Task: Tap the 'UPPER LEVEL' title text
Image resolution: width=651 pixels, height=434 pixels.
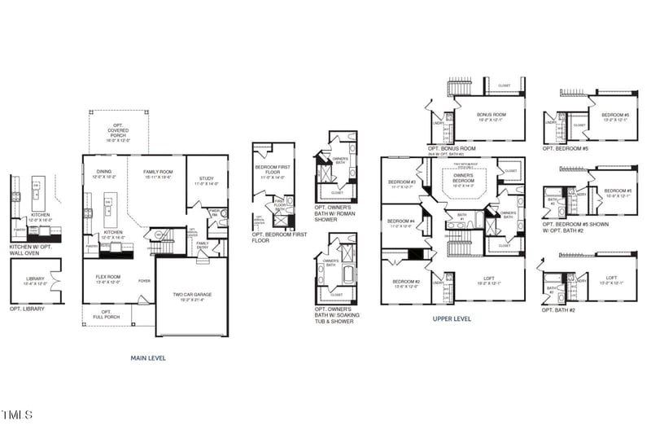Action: tap(452, 319)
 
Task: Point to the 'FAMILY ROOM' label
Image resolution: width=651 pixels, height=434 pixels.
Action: tap(158, 173)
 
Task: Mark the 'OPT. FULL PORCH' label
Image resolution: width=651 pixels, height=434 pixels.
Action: tap(98, 313)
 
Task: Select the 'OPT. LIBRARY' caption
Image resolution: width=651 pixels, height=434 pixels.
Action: tap(27, 309)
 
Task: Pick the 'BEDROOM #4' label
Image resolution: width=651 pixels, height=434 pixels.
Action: tap(401, 223)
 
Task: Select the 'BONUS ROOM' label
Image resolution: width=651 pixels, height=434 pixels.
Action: tap(492, 116)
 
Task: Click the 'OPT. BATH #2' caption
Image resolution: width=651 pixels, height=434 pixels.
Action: tap(559, 310)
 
